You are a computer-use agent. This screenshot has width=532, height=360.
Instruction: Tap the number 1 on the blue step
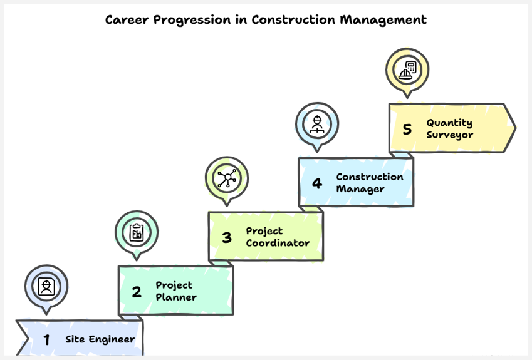tap(46, 340)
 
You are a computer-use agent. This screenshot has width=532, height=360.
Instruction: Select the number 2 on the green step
tap(137, 292)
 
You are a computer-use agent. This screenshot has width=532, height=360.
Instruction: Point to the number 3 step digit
tap(227, 237)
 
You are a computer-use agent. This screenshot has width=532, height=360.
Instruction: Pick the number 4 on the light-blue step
tap(317, 183)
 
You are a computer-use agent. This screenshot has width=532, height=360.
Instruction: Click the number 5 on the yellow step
tap(407, 129)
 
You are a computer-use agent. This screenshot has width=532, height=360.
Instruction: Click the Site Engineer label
tap(100, 339)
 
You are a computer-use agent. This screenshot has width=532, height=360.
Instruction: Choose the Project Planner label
tap(176, 291)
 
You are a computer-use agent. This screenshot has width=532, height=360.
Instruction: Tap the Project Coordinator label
tap(278, 237)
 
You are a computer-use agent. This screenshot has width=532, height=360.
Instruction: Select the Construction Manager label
tap(370, 183)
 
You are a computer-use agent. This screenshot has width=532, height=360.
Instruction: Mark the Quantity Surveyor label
tap(449, 128)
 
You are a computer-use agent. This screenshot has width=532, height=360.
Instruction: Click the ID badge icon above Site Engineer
tap(46, 286)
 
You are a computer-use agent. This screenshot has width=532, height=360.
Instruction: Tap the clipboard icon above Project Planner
tap(136, 232)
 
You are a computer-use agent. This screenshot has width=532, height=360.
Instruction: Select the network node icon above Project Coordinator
tap(226, 178)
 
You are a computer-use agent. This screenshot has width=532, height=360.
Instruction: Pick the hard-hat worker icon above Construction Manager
tap(317, 124)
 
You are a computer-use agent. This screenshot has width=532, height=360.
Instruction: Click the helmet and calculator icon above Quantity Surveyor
tap(407, 69)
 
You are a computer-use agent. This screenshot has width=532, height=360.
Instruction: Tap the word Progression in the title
tap(187, 19)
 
